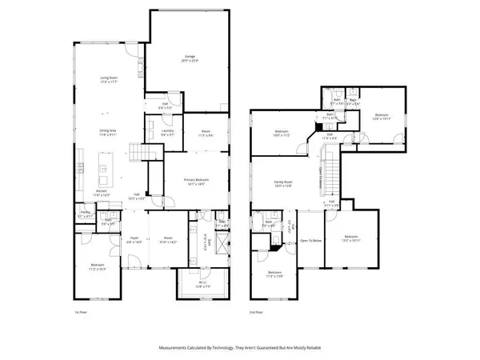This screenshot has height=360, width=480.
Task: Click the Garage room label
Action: point(189,58)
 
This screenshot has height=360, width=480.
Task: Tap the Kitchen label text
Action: point(102,193)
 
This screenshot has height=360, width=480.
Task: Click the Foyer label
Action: point(136,239)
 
